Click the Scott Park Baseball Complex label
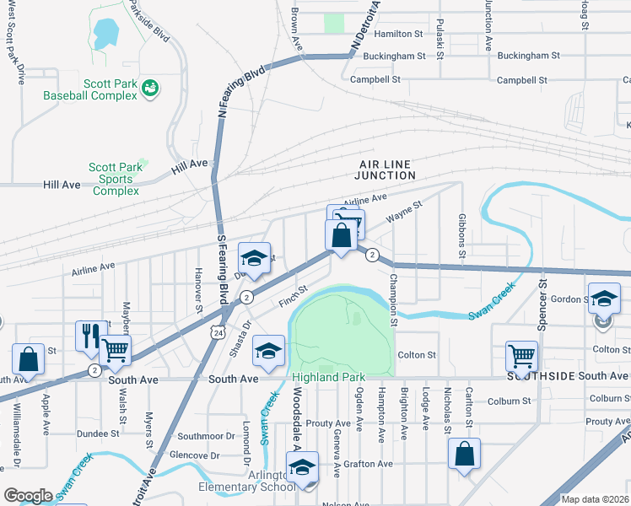tap(90, 89)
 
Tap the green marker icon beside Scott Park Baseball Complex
tap(150, 88)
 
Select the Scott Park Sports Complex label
tap(116, 179)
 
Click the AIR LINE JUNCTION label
tap(387, 170)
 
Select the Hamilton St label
tap(398, 34)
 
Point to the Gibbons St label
tap(461, 237)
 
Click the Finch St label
tap(294, 296)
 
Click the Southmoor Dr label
tap(206, 436)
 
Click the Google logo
tap(28, 495)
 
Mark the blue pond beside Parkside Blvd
tap(106, 34)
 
